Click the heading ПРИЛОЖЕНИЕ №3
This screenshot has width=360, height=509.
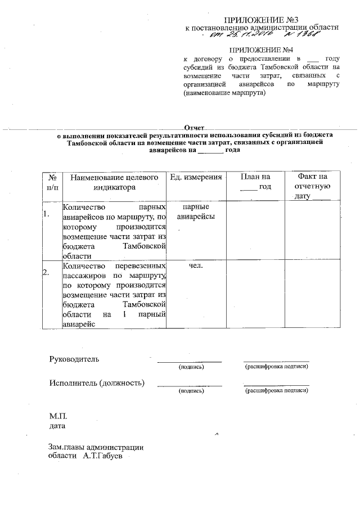click(263, 20)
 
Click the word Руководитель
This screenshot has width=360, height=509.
click(74, 358)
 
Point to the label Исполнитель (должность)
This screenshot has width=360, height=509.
click(96, 384)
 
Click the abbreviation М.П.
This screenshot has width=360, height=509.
click(58, 417)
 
